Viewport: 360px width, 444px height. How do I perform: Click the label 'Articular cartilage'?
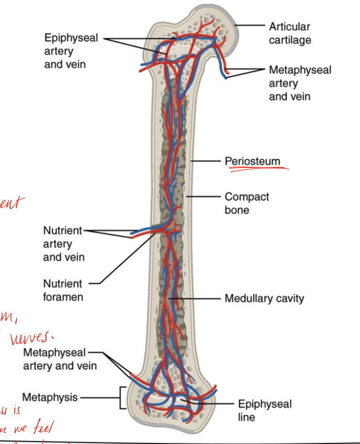(x=289, y=33)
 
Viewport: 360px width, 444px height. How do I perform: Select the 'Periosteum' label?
(x=252, y=161)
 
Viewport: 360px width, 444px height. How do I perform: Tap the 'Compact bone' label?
(x=247, y=203)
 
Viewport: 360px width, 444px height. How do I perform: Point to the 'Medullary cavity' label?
(x=264, y=299)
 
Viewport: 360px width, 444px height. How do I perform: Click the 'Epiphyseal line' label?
(x=264, y=411)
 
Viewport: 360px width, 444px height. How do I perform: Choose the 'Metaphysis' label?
(x=50, y=397)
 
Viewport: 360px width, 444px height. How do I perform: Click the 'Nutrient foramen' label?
(x=63, y=290)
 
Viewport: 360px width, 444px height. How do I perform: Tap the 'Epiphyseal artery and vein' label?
(x=71, y=51)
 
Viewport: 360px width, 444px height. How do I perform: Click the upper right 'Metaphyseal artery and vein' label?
(x=300, y=83)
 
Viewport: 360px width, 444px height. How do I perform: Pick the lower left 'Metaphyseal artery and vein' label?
(x=60, y=360)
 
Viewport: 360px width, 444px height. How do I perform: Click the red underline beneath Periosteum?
(x=258, y=169)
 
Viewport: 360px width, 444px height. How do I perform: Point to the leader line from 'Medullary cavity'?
(x=196, y=299)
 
